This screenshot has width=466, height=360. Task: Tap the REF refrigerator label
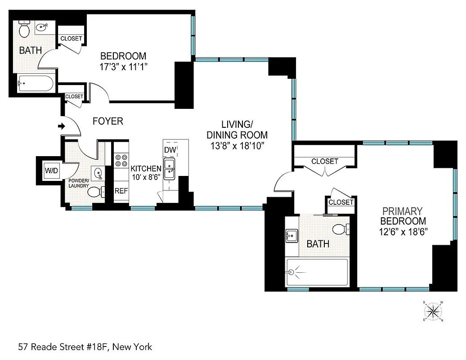[x=121, y=191]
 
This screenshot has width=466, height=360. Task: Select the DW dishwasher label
[x=170, y=149]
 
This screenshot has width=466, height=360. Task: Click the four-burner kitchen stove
[x=121, y=162]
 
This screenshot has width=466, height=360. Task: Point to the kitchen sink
[x=170, y=168]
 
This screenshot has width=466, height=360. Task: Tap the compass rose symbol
[x=433, y=311]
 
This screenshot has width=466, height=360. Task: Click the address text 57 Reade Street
[x=85, y=347]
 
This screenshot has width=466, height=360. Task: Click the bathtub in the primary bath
[x=317, y=272]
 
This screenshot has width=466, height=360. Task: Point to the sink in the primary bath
[x=291, y=235]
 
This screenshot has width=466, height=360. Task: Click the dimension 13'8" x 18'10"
[x=237, y=145]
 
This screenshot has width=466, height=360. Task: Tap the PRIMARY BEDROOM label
[x=403, y=216]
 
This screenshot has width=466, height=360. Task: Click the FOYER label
[x=108, y=121]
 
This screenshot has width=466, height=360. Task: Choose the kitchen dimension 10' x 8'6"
[x=146, y=178]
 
